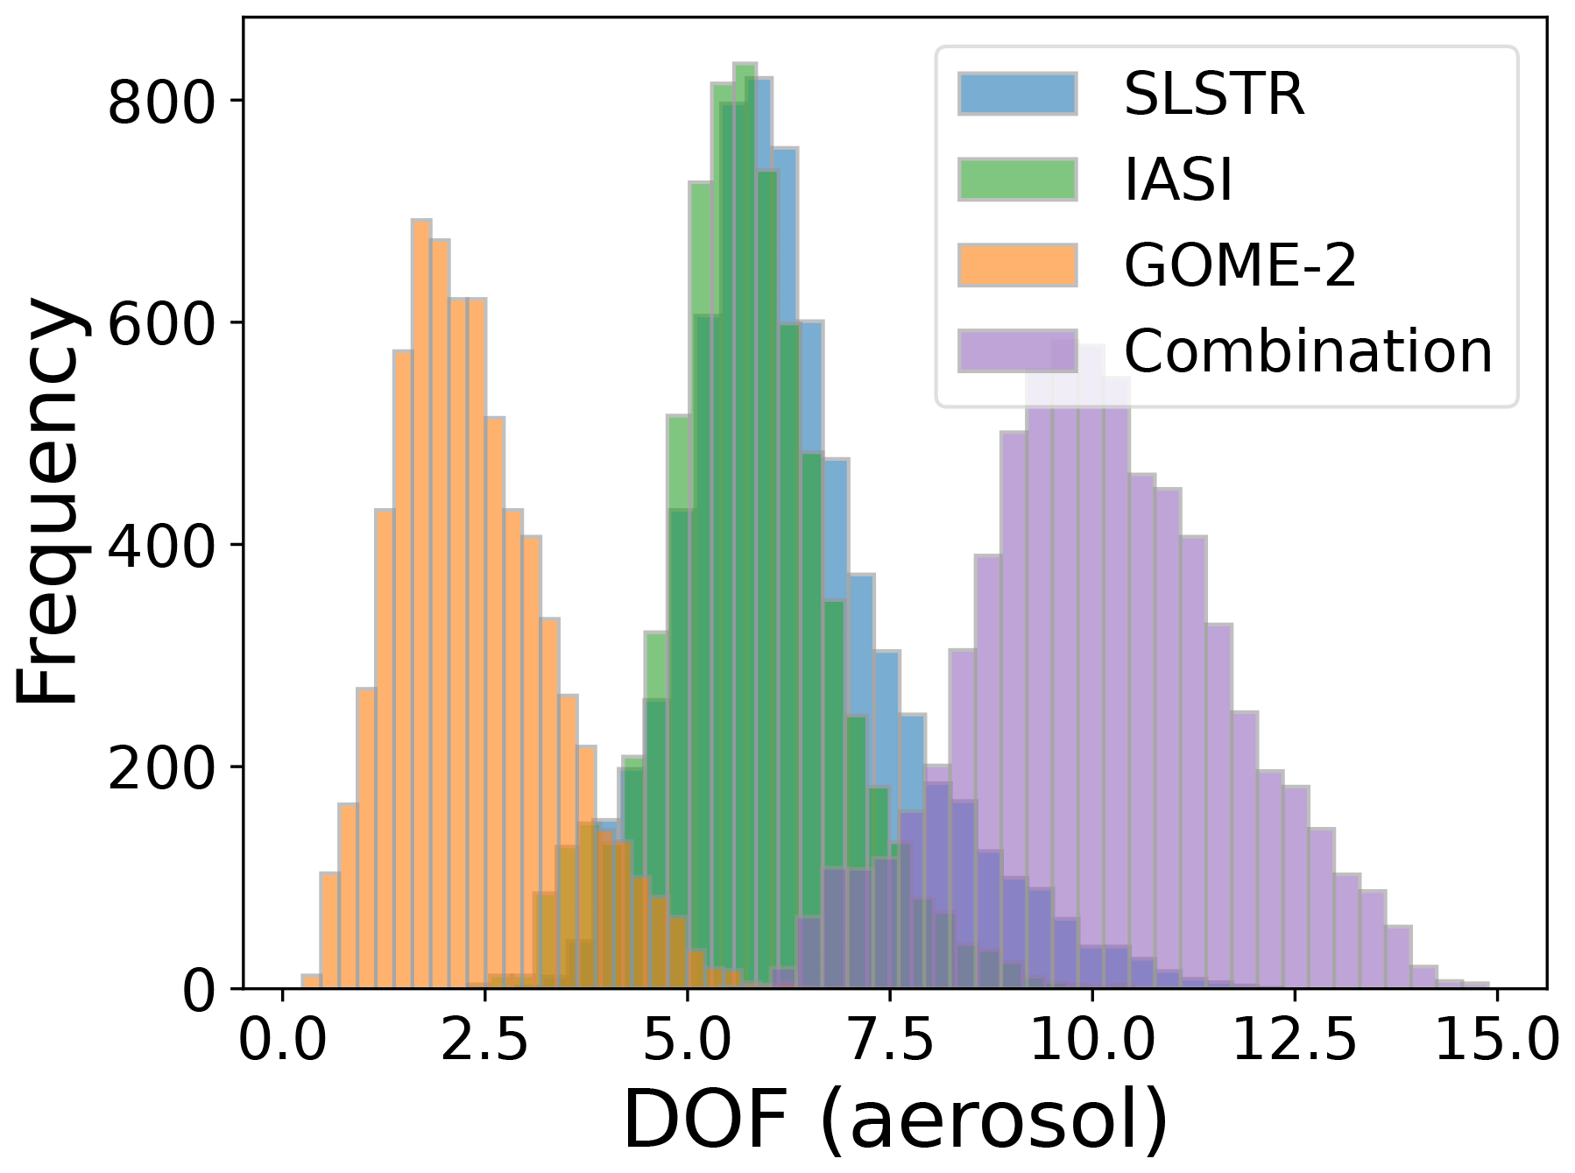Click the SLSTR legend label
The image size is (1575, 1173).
pos(1213,94)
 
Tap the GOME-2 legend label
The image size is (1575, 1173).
pos(1240,265)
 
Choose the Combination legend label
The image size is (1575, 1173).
pos(1307,351)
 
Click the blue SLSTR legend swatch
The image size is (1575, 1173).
pos(1016,94)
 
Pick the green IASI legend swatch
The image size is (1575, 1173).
pos(1016,180)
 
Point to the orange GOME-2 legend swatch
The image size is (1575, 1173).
pos(1016,265)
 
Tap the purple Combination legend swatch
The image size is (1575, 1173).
pos(1016,351)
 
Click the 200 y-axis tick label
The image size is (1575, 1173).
pos(161,769)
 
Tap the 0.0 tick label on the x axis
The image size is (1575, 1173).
pos(282,1042)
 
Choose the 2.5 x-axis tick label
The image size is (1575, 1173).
pos(484,1042)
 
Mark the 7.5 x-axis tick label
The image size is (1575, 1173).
pos(889,1042)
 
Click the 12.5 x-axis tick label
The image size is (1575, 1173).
pos(1294,1042)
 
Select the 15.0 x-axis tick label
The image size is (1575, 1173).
pos(1496,1042)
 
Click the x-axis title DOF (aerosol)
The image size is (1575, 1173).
pos(894,1120)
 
